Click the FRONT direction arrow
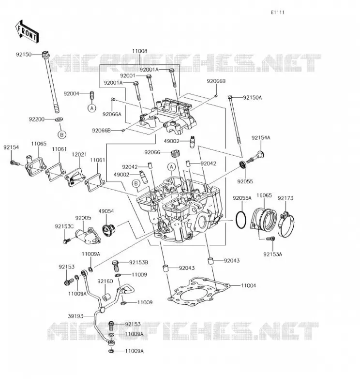click(27, 32)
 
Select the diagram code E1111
click(278, 13)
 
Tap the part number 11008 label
click(139, 51)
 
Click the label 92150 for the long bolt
click(24, 54)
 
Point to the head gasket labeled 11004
click(199, 292)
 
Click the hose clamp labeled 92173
click(286, 224)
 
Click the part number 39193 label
click(75, 316)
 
